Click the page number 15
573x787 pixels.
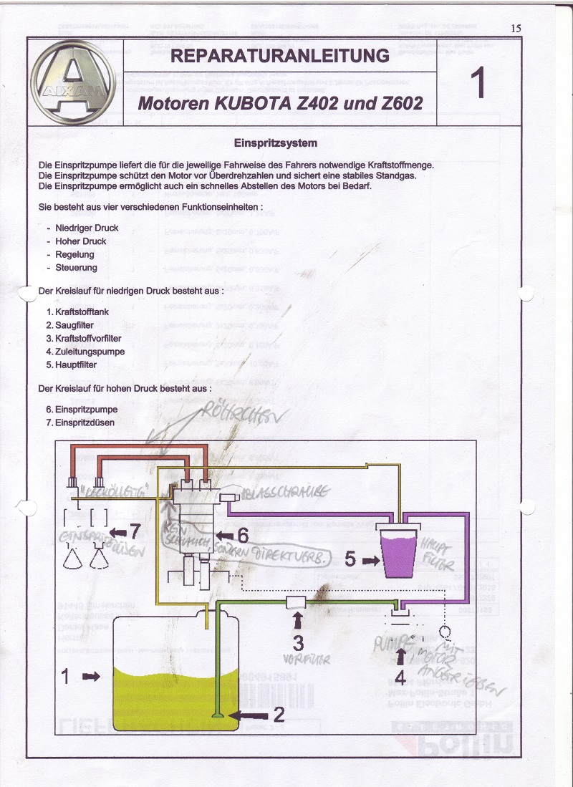(x=516, y=28)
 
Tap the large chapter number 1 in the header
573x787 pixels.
(x=478, y=83)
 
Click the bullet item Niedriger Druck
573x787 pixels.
(x=87, y=228)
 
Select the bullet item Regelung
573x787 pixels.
(x=74, y=254)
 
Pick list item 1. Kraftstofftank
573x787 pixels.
(x=77, y=312)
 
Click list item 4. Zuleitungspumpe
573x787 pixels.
(x=85, y=352)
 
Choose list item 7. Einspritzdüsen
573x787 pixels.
(x=81, y=423)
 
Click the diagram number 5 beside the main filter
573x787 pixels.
(x=350, y=559)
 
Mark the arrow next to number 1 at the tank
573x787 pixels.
(x=91, y=675)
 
